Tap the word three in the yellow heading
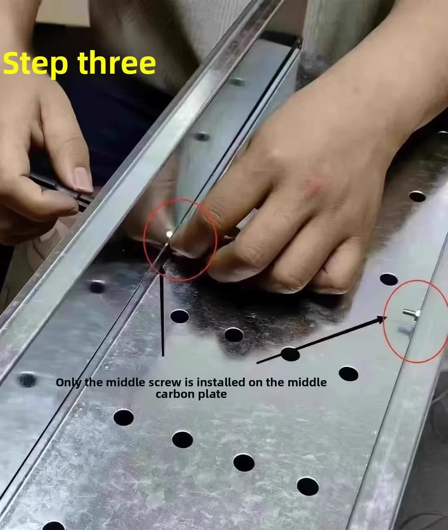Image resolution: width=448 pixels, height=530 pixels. (x=117, y=63)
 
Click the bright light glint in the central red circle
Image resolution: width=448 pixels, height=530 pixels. (x=169, y=234)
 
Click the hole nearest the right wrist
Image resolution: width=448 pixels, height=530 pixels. (x=417, y=196)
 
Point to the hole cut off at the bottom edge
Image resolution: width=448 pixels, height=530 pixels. (x=54, y=526)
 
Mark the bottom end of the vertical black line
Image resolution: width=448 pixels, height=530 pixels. (x=163, y=356)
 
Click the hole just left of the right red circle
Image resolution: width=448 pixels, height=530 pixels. (x=389, y=279)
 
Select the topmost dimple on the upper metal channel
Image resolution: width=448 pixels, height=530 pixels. (x=237, y=82)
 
